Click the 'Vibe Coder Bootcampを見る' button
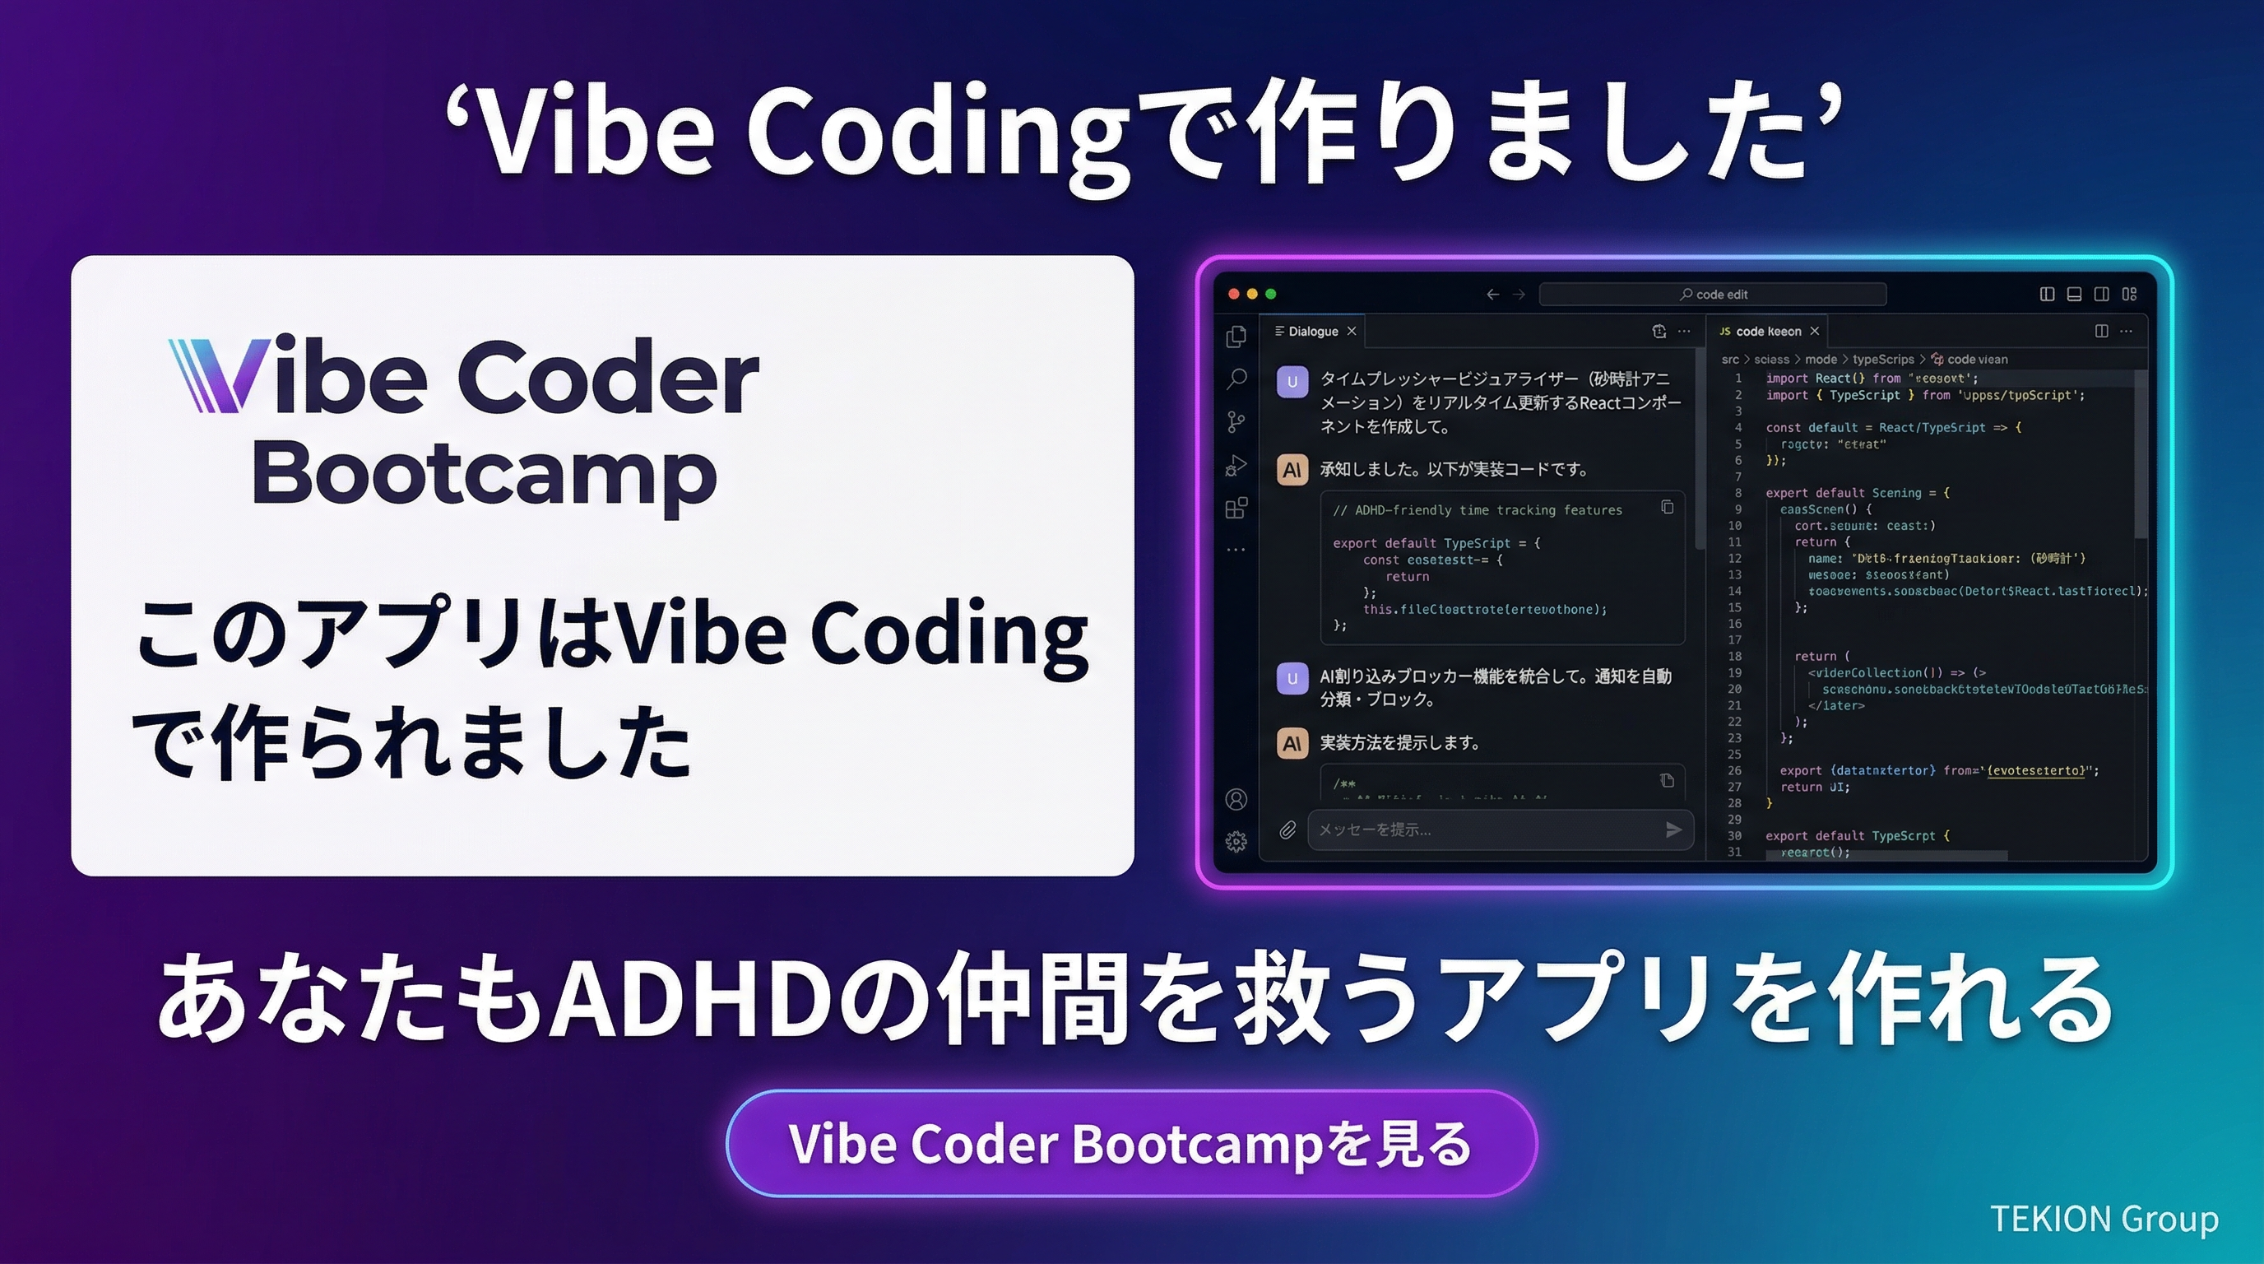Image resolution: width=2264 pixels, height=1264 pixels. [1131, 1144]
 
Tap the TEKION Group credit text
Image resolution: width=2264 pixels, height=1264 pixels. [2103, 1220]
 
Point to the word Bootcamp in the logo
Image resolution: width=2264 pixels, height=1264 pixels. [485, 475]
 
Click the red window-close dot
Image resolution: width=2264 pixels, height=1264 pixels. [1234, 294]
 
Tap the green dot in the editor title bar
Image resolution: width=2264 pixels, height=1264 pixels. [1271, 294]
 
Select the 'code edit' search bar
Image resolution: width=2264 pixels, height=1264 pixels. [1712, 295]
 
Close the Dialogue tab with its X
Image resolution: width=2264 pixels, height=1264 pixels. [1352, 332]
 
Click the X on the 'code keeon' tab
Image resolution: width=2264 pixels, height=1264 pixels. [1814, 332]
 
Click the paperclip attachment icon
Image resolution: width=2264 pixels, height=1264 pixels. [1287, 829]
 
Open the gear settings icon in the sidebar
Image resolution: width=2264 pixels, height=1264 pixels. [1236, 842]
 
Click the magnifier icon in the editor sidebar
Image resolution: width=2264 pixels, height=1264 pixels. [1236, 379]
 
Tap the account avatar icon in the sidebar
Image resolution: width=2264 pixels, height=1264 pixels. [1236, 799]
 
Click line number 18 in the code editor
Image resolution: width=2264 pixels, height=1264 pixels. [1734, 657]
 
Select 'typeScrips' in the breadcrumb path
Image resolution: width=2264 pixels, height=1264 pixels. [1882, 360]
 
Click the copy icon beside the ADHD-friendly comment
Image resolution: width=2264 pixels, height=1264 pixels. [1668, 507]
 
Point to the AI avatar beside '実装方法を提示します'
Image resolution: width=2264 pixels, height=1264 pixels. [1292, 744]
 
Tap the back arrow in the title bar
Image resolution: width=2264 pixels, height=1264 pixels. [1492, 295]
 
